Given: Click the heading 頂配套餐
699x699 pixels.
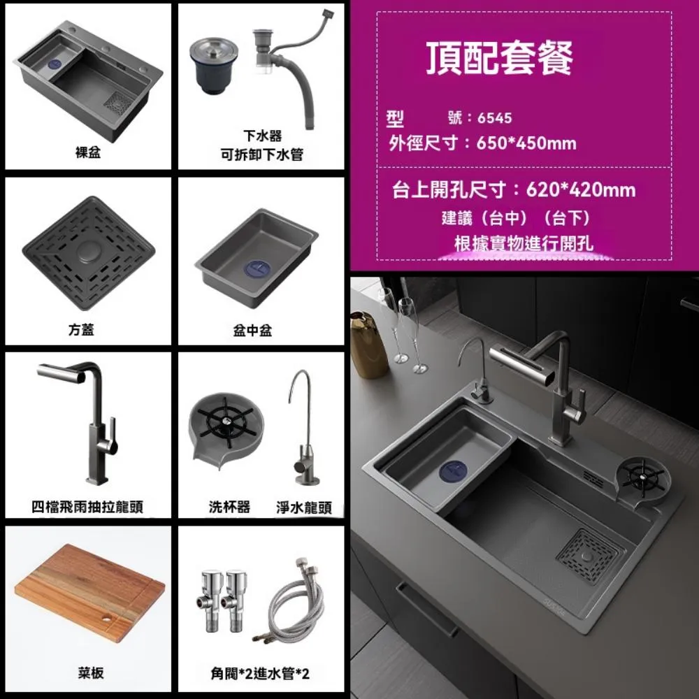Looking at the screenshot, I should [x=500, y=58].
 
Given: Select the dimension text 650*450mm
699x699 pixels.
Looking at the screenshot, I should [x=526, y=143].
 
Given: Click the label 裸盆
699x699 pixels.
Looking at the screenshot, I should [x=88, y=152].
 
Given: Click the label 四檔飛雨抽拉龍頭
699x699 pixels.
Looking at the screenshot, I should [x=87, y=507].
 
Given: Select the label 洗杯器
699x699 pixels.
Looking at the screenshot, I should [x=229, y=507].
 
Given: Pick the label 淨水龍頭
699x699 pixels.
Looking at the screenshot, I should [x=304, y=507].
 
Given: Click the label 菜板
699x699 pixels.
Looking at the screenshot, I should [x=90, y=673].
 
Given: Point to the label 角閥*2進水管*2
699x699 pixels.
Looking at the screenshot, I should [x=260, y=674].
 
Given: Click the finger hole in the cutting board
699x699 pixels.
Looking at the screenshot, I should [x=106, y=619].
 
